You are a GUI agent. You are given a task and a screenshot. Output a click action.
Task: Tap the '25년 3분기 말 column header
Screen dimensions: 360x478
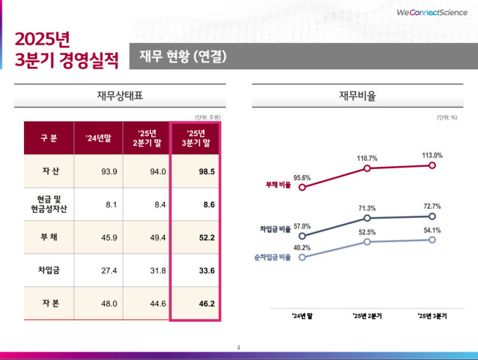(195, 138)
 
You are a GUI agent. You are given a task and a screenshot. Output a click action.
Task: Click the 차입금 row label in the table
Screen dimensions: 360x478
(49, 270)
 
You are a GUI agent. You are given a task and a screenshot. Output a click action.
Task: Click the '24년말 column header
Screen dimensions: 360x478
(98, 139)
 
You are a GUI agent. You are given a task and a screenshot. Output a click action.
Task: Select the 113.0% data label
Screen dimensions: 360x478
(432, 155)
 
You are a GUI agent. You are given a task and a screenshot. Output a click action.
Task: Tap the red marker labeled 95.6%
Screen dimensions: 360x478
(302, 187)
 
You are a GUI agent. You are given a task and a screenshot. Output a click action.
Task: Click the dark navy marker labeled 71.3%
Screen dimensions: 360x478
(367, 218)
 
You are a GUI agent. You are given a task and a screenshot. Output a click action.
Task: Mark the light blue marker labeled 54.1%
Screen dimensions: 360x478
(433, 240)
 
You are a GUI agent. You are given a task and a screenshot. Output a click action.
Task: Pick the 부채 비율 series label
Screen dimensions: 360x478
(278, 185)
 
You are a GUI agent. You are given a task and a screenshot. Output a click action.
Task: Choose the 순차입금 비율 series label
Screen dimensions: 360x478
(272, 257)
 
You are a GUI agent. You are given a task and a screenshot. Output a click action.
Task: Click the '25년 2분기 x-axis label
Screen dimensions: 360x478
(367, 315)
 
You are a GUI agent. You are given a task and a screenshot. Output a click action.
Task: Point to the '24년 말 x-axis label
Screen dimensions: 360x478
(302, 315)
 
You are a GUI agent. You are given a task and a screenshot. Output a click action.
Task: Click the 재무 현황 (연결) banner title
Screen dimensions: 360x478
(182, 57)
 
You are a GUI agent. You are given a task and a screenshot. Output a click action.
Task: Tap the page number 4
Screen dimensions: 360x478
(239, 347)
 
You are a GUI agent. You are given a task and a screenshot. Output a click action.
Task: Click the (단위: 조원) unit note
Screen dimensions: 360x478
(207, 117)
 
